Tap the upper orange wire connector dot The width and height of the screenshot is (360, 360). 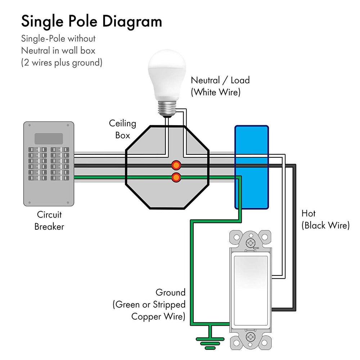(x=176, y=165)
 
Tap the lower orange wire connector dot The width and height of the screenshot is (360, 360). (x=176, y=177)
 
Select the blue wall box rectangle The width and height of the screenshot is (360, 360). (x=251, y=167)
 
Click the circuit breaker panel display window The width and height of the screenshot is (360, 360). (x=49, y=138)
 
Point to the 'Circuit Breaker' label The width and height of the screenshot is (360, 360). (x=49, y=221)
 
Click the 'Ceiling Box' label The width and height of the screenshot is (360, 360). (x=122, y=129)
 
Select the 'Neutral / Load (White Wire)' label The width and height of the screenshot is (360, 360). (x=220, y=86)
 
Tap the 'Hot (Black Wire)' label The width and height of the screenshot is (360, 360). (x=325, y=219)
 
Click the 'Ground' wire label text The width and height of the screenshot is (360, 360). (x=170, y=292)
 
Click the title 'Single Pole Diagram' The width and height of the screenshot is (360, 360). (x=91, y=21)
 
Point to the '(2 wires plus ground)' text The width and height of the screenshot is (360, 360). (x=62, y=63)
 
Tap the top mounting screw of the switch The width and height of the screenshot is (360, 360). (x=250, y=243)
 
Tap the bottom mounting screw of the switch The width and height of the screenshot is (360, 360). (x=250, y=337)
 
